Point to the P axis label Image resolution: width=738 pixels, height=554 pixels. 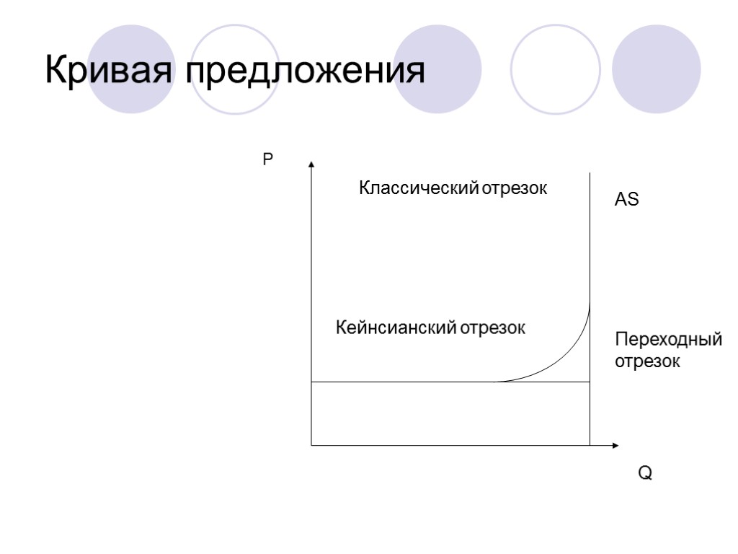click(x=267, y=160)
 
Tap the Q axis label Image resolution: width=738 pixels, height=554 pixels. click(x=645, y=473)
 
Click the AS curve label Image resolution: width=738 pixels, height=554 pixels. click(x=626, y=201)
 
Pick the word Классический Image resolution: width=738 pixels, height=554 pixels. click(x=419, y=189)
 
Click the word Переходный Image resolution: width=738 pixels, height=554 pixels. click(x=668, y=340)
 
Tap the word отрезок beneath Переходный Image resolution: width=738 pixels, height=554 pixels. click(x=647, y=361)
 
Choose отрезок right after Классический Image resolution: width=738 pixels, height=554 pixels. click(x=515, y=189)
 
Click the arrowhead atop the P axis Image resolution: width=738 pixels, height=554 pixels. click(x=311, y=164)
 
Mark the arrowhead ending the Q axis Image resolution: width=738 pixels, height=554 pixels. click(x=615, y=446)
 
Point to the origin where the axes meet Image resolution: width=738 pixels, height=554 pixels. click(x=311, y=446)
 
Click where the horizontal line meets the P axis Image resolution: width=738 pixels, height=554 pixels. click(x=311, y=382)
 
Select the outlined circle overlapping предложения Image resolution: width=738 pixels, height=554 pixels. click(x=237, y=69)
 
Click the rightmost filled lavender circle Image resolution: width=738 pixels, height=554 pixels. click(x=656, y=69)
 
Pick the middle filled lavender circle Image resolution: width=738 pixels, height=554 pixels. click(x=439, y=69)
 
